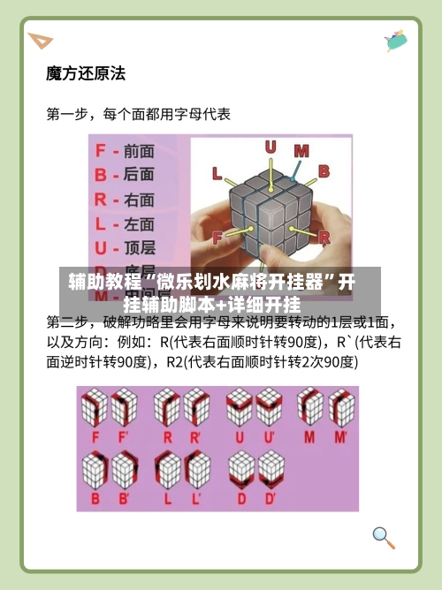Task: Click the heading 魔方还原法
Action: coord(85,73)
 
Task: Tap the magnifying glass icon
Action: coord(382,535)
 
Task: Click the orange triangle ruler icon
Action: coord(40,41)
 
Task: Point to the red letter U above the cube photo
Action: coord(271,147)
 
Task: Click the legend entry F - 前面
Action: coord(124,152)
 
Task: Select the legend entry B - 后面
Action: coord(124,176)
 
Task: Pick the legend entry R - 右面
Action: coord(124,200)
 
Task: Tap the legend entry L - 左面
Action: coord(124,223)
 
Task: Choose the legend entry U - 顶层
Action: coord(124,247)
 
